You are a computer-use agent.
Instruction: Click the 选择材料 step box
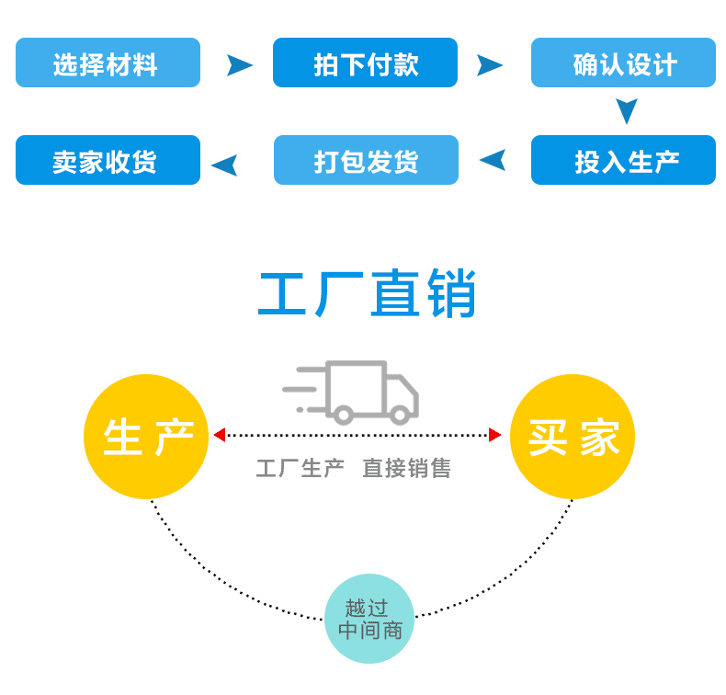108,63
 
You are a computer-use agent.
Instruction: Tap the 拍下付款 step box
365,63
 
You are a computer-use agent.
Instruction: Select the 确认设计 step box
623,63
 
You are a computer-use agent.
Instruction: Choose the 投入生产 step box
623,160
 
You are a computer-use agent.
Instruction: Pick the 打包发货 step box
366,160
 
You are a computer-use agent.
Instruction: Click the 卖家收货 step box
108,160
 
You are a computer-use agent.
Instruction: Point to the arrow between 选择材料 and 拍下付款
239,64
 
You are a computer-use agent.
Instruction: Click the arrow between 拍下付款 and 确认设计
490,64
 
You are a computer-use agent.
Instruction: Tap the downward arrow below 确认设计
627,111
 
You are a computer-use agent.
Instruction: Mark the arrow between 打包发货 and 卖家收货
224,165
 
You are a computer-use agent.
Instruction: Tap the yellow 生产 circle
146,437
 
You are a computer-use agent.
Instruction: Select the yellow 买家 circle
573,437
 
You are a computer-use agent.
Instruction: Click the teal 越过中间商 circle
369,619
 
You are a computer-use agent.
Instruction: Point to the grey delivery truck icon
354,392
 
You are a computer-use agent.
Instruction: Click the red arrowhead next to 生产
219,435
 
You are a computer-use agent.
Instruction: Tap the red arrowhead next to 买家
495,435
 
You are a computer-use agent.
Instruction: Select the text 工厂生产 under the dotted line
300,469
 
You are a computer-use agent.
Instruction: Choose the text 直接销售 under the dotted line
406,469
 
